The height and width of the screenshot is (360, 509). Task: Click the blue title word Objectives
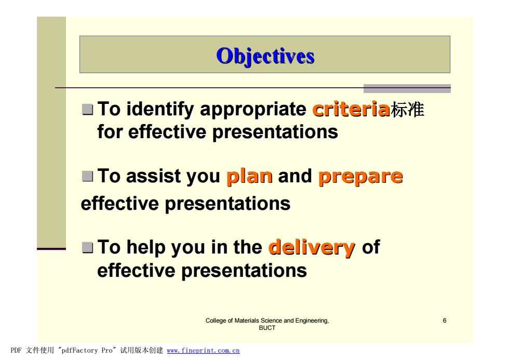click(265, 56)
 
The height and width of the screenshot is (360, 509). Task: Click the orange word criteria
click(351, 109)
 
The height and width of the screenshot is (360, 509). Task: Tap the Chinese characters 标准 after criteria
click(407, 109)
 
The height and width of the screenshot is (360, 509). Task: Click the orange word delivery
click(312, 248)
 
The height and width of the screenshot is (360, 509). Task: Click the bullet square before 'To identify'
click(87, 110)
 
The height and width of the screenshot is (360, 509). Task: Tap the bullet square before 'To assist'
click(87, 176)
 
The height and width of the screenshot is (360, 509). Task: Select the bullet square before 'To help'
click(87, 247)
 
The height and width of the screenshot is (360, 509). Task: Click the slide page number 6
click(445, 321)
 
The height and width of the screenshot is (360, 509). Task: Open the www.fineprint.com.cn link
click(203, 350)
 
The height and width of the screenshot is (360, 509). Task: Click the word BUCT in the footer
click(267, 328)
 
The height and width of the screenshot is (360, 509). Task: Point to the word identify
click(160, 109)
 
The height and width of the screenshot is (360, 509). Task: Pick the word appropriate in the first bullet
click(253, 110)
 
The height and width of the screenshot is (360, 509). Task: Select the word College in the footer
click(216, 321)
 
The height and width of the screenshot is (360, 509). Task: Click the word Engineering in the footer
click(312, 321)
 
